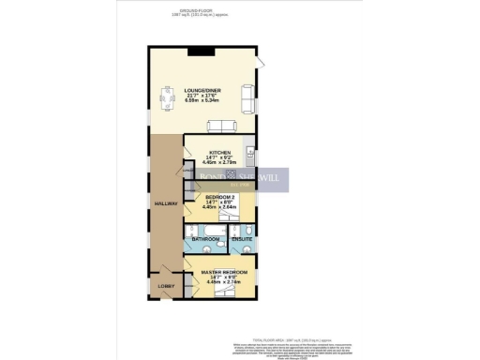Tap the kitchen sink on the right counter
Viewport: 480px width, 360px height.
250,152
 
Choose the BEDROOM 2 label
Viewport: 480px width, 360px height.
219,197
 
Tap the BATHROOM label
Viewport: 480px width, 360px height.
205,240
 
